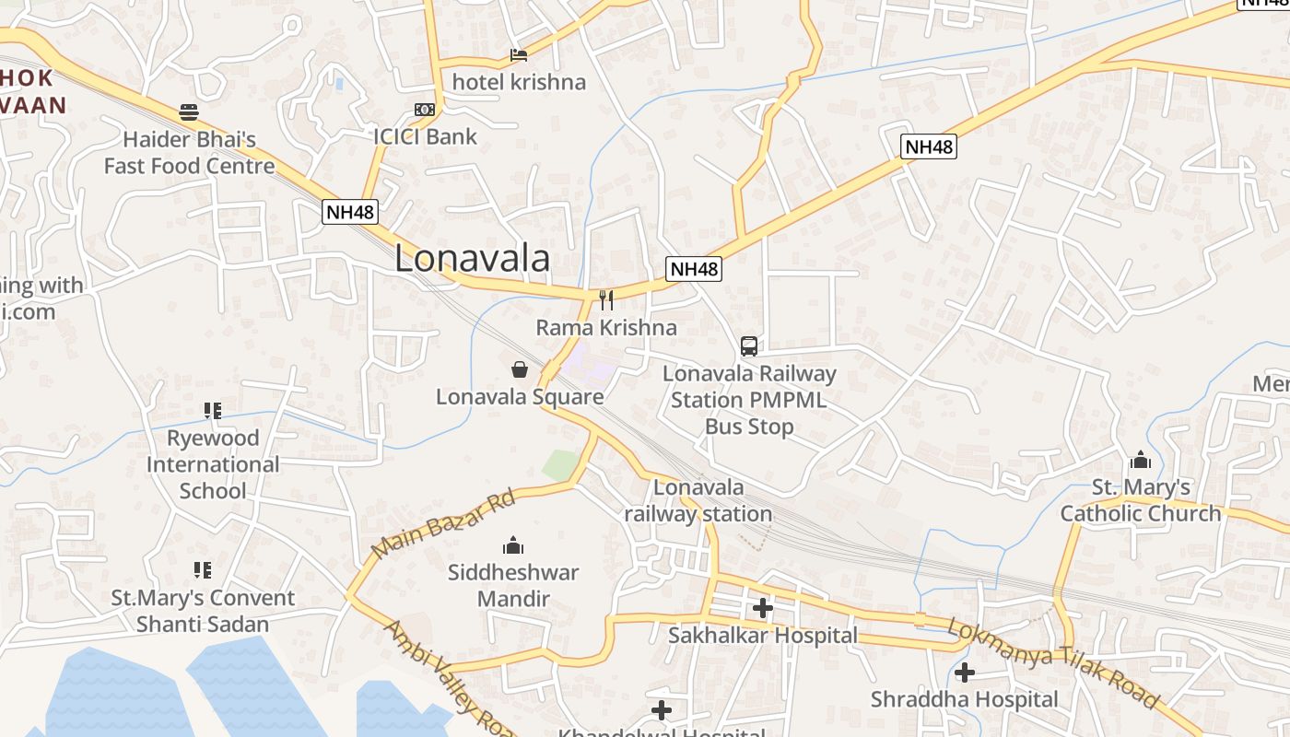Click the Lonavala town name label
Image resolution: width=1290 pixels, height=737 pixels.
click(472, 259)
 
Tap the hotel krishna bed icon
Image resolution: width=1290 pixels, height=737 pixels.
click(519, 55)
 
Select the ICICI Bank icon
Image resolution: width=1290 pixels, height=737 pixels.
click(425, 110)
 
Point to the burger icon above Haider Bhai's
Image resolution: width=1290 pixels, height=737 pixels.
click(189, 112)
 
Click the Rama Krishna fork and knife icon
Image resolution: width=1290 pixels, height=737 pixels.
click(606, 299)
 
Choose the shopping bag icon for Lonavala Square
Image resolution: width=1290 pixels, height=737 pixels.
click(520, 369)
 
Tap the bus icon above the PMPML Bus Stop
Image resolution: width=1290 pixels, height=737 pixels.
click(749, 346)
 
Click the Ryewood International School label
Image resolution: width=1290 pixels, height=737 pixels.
click(213, 464)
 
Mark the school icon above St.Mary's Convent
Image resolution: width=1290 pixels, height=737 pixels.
click(203, 570)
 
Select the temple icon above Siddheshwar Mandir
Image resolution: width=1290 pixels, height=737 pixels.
click(513, 545)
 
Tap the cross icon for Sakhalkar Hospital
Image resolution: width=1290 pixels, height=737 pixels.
click(763, 608)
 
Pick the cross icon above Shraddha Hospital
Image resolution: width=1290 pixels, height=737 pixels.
click(965, 673)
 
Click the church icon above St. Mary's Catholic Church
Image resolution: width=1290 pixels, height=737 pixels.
click(1141, 460)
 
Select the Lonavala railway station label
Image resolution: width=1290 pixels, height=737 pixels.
click(698, 500)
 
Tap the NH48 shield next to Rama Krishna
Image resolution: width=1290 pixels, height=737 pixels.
click(694, 269)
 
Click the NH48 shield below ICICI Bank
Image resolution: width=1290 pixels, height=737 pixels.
click(351, 212)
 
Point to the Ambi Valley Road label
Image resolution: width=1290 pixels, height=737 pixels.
click(449, 680)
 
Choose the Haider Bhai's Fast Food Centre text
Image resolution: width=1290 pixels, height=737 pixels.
click(189, 153)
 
